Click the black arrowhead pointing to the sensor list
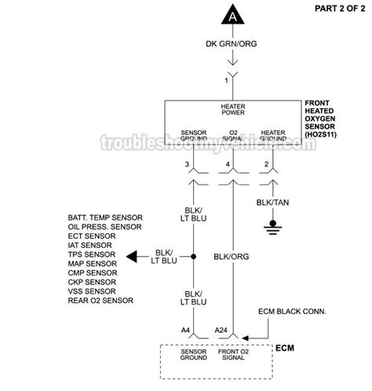(x=134, y=256)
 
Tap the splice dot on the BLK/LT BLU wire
(x=193, y=256)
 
